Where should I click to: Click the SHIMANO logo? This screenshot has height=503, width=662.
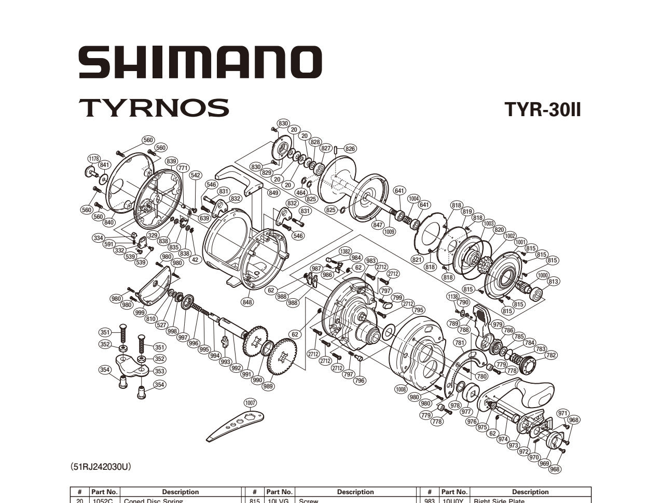[200, 62]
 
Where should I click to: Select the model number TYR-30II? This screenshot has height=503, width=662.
[543, 110]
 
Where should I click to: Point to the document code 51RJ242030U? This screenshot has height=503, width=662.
[101, 467]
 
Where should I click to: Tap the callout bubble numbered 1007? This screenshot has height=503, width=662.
[251, 403]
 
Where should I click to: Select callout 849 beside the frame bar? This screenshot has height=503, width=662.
[273, 193]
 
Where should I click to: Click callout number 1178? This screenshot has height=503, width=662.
[94, 159]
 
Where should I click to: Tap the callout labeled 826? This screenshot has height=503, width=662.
[350, 149]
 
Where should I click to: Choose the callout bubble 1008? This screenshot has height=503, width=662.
[401, 389]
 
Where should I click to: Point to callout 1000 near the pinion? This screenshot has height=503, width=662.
[543, 275]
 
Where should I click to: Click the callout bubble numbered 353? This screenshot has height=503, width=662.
[159, 371]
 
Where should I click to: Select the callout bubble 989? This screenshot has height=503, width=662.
[268, 386]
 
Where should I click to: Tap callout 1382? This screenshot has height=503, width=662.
[345, 251]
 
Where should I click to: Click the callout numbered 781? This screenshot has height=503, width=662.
[459, 343]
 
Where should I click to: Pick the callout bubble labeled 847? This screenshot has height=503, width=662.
[378, 225]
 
